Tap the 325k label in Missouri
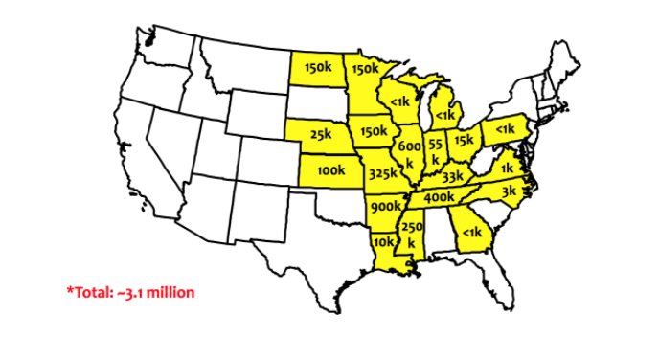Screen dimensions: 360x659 click(x=383, y=173)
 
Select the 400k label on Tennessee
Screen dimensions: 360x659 click(x=439, y=196)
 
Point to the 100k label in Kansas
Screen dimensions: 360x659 click(x=329, y=171)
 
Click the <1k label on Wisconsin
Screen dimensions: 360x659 click(x=401, y=101)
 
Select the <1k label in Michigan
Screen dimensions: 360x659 click(x=445, y=114)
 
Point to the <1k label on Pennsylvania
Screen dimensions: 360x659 click(x=504, y=128)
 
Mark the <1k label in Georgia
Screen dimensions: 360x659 click(x=471, y=232)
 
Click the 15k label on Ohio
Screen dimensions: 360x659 click(x=464, y=141)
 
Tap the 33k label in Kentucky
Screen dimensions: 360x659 click(x=452, y=176)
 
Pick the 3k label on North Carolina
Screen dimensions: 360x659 click(x=509, y=191)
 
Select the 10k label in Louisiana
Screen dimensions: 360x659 click(x=383, y=241)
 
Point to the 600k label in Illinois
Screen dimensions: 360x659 click(x=409, y=153)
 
